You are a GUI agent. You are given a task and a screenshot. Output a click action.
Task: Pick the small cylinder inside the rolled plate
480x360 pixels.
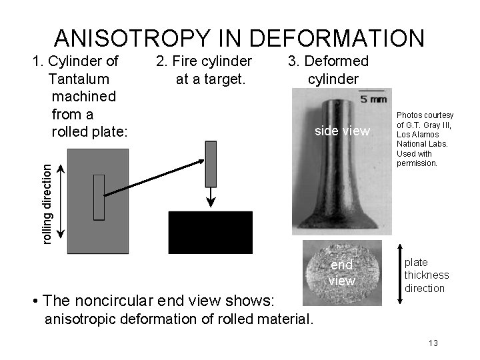[99, 197]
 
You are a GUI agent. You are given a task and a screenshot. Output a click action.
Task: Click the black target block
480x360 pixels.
[211, 233]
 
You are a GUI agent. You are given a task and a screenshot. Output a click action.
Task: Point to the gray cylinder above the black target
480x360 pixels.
[211, 164]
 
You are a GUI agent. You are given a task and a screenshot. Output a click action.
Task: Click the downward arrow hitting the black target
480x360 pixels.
[211, 198]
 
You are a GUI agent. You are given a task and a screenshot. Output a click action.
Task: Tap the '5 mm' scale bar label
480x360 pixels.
[372, 99]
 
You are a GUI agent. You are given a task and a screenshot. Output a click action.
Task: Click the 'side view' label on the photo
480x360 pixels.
[341, 131]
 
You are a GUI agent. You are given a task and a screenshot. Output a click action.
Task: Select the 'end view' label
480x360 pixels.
[342, 273]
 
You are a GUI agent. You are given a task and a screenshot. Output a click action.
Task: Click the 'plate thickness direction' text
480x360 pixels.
[426, 275]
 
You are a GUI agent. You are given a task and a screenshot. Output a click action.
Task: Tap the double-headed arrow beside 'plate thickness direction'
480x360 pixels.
[394, 274]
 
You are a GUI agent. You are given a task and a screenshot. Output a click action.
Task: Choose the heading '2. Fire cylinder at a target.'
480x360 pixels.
[203, 70]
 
